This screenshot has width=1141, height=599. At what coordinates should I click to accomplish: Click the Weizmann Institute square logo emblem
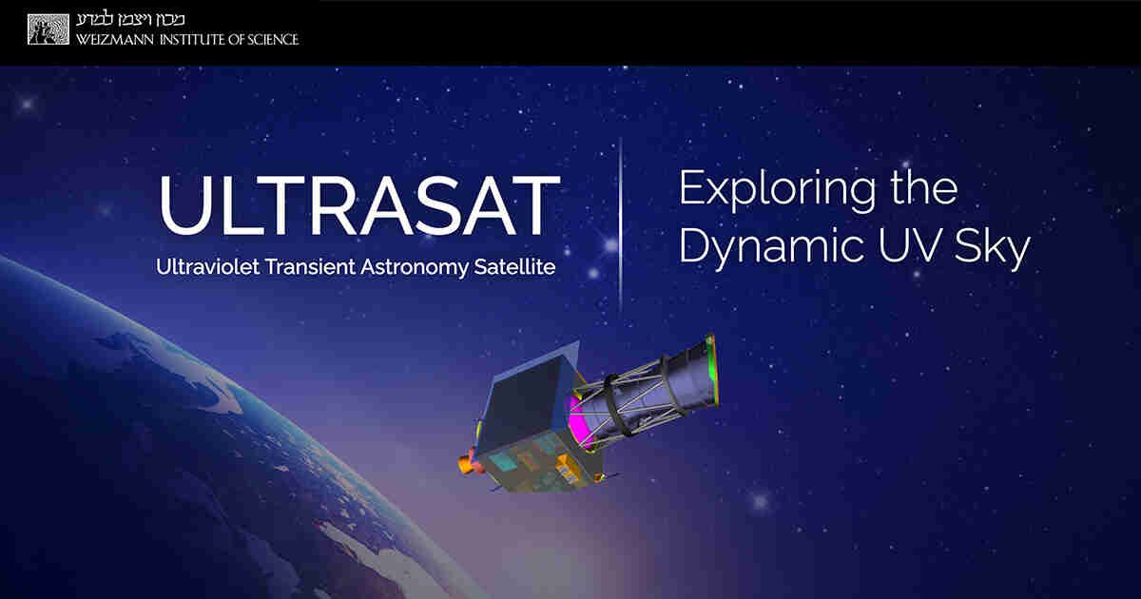click(48, 29)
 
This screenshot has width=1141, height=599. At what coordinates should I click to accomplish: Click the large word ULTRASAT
click(360, 206)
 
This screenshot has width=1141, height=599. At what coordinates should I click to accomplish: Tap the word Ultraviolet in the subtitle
click(208, 267)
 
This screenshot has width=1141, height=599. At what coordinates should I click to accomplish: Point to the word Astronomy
click(415, 268)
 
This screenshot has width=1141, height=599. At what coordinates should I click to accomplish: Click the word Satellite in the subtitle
click(514, 267)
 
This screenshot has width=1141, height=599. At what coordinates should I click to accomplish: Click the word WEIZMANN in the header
click(115, 39)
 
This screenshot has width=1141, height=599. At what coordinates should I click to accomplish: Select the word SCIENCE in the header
click(273, 39)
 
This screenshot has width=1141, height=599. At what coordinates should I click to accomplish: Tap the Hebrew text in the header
click(130, 19)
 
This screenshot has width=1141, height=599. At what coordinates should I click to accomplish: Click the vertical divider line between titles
click(620, 225)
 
